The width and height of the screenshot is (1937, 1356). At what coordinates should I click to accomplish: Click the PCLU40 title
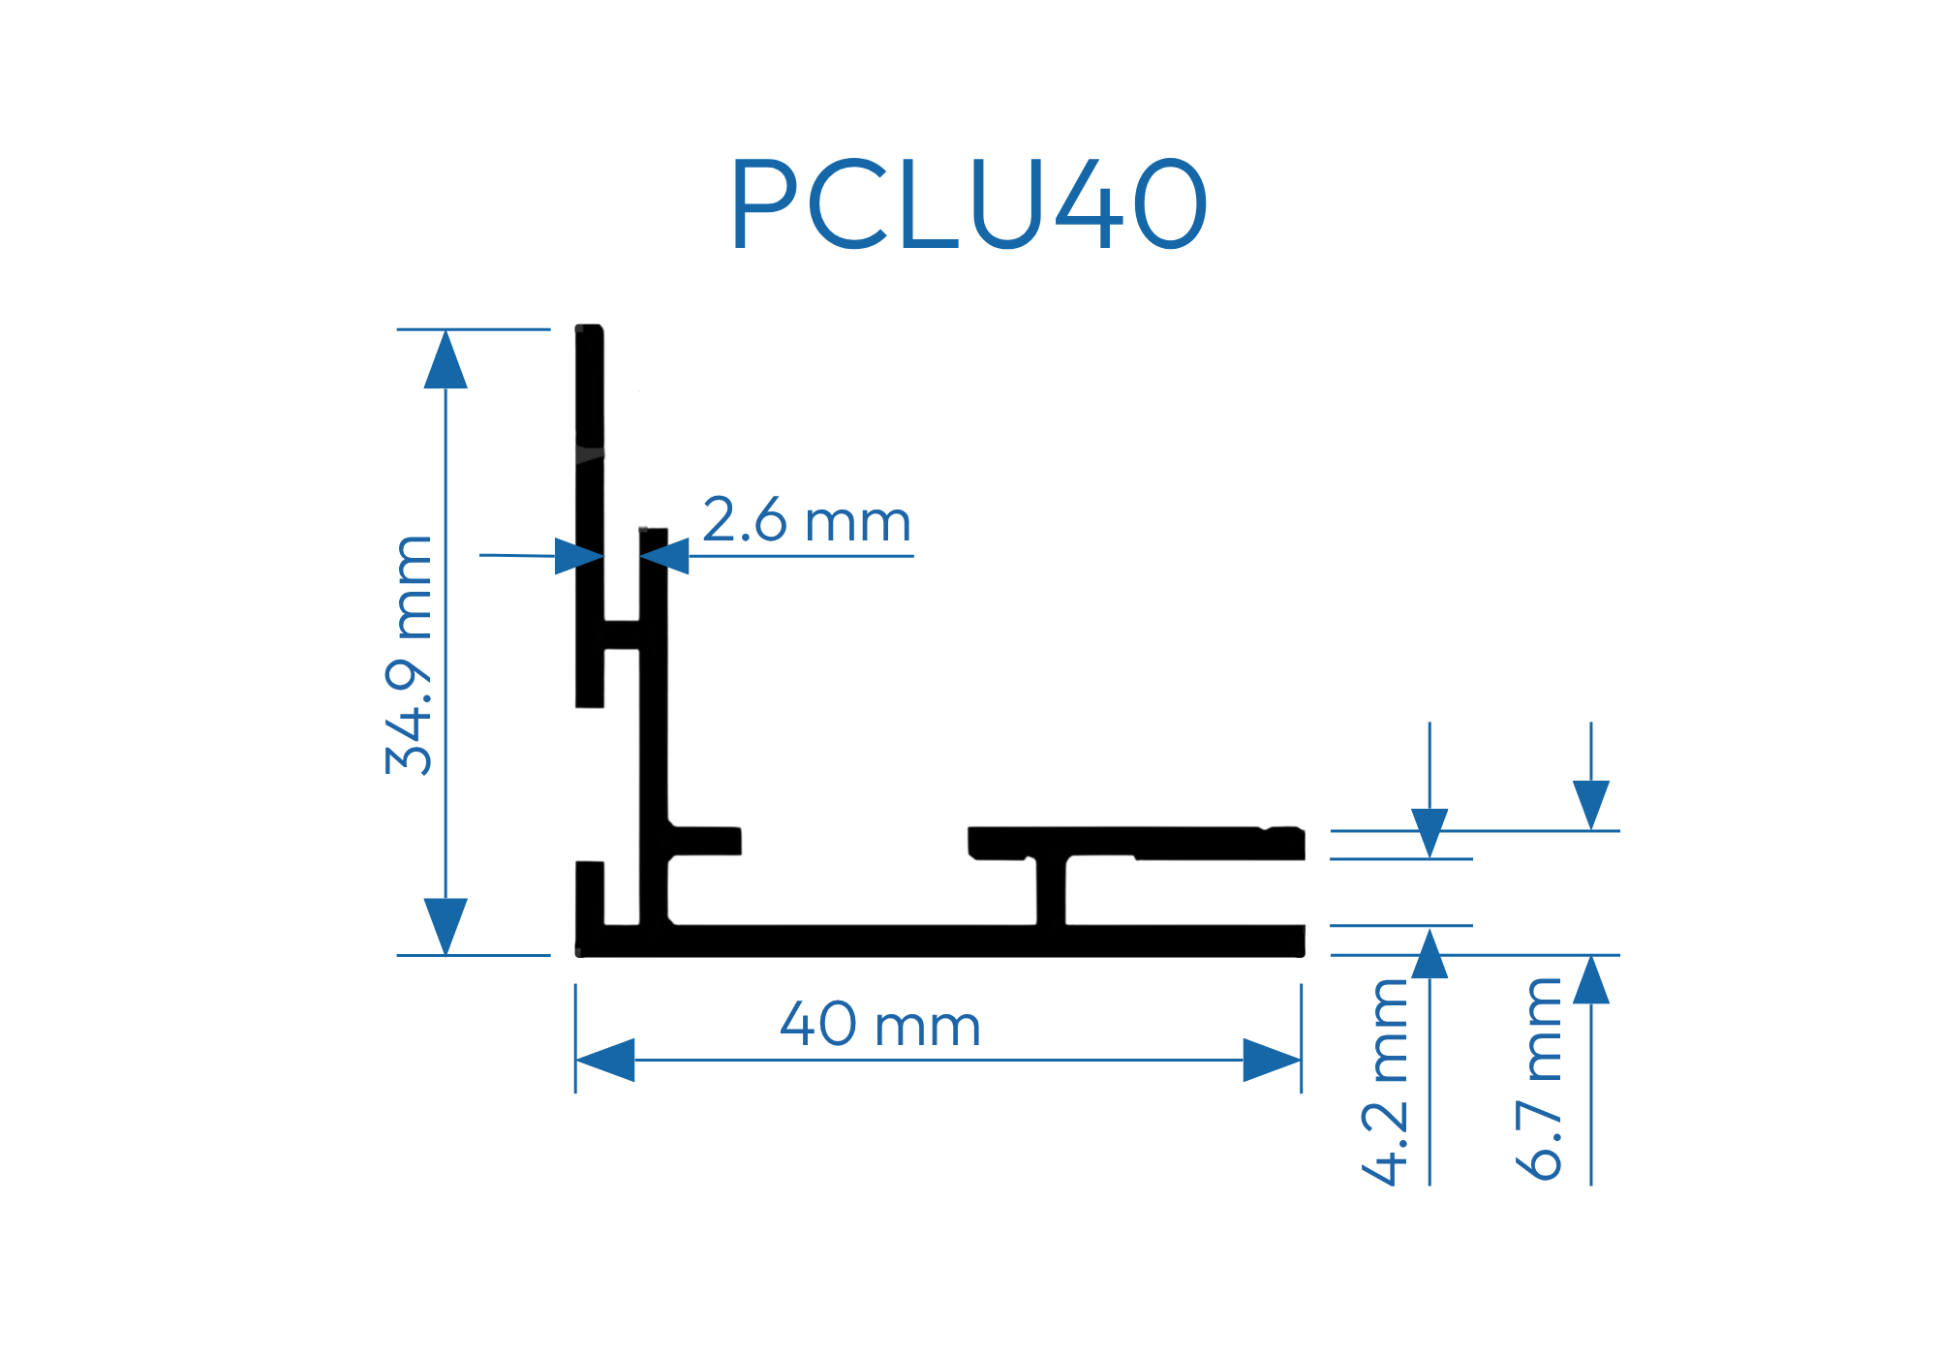click(968, 203)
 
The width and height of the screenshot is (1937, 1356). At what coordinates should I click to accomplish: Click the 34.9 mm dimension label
click(409, 655)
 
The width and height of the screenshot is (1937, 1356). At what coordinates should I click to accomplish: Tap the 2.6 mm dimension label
click(807, 521)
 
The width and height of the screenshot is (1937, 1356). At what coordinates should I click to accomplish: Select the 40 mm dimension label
click(880, 1025)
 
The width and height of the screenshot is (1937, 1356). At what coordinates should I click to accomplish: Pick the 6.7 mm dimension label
click(1539, 1079)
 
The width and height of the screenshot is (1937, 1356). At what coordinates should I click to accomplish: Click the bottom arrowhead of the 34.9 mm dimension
click(446, 926)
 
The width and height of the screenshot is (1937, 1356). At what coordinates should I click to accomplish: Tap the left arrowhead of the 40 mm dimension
click(605, 1060)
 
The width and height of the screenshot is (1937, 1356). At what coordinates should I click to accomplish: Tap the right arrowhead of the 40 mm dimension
click(1272, 1060)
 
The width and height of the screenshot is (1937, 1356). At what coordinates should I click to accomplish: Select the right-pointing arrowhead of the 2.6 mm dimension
click(579, 556)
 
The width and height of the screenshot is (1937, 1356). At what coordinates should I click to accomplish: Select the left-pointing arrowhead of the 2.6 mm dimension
click(664, 556)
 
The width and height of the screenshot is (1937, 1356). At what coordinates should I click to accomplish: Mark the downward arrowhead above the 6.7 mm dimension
click(1591, 805)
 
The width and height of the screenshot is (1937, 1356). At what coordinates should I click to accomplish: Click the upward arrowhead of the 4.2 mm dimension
click(1430, 953)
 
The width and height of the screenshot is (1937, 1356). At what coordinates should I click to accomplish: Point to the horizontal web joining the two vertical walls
click(622, 634)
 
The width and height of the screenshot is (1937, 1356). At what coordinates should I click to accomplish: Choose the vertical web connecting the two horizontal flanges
click(1051, 891)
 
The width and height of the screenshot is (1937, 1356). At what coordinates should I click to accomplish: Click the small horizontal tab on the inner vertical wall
click(705, 841)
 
